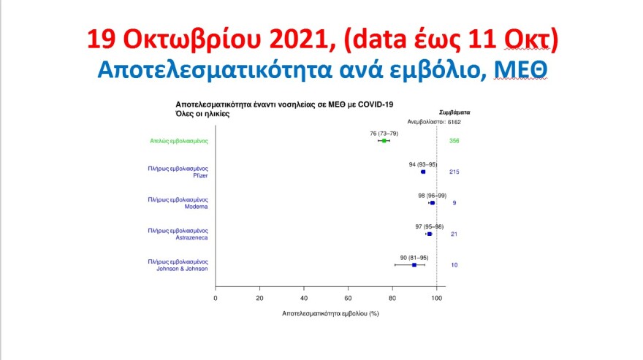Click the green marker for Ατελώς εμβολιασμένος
(x=384, y=141)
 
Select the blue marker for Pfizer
(x=423, y=172)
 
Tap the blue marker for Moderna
(x=432, y=203)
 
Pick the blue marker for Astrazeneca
(x=430, y=234)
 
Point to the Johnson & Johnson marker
(x=414, y=265)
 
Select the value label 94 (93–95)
(x=422, y=164)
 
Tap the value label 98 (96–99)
(x=432, y=196)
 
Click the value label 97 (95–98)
(x=429, y=226)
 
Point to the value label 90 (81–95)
(x=414, y=258)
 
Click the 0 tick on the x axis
(x=216, y=298)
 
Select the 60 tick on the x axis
(x=349, y=298)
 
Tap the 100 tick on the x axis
(x=436, y=298)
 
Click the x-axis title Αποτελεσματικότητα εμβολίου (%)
(x=330, y=313)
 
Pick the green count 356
(x=454, y=141)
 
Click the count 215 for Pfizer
(x=454, y=172)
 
